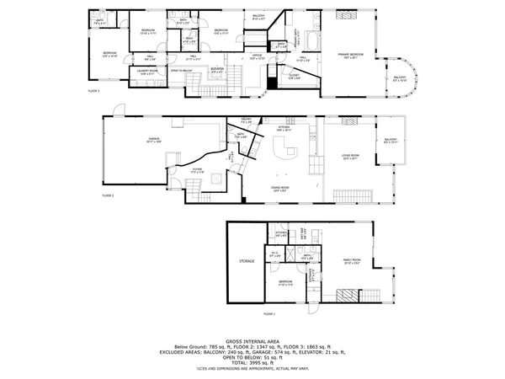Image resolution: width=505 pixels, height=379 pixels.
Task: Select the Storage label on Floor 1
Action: click(247, 261)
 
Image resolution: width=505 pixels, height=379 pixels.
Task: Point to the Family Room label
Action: click(351, 259)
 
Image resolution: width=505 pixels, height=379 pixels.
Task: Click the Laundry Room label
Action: click(148, 72)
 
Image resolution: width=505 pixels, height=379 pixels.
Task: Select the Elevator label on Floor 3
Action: click(217, 70)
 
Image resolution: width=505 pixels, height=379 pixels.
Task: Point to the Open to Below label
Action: click(183, 71)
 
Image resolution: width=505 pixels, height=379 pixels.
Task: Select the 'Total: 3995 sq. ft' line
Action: click(252, 362)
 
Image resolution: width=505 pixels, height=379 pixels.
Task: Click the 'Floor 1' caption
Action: click(268, 313)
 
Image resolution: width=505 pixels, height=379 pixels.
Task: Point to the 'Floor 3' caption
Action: click(93, 89)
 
